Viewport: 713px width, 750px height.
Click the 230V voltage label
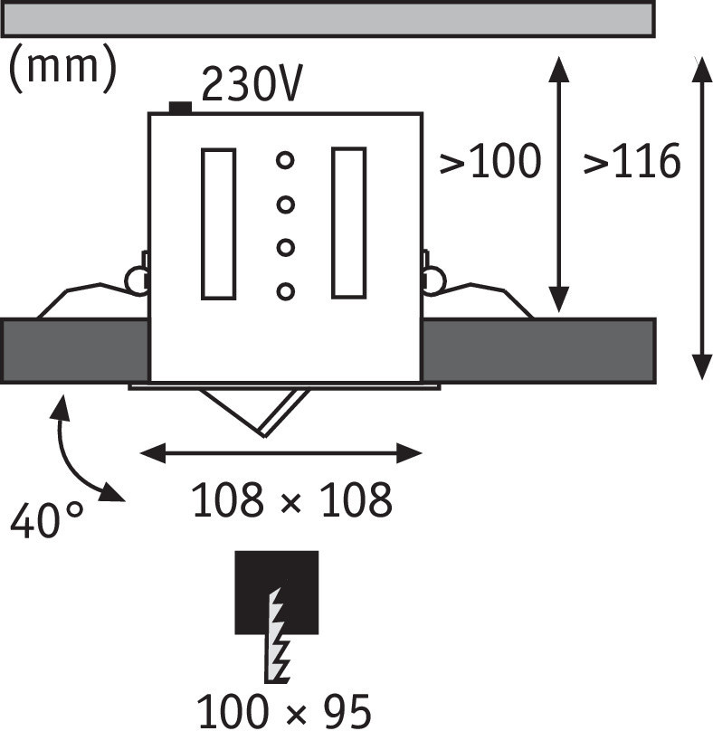pos(251,86)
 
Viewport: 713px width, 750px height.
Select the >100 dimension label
pos(490,162)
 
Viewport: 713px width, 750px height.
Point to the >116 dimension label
pos(632,162)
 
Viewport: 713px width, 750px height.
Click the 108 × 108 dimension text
pos(292,500)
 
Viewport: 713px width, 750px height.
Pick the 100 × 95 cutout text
pos(283,714)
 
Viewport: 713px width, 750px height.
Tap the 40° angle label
pos(46,521)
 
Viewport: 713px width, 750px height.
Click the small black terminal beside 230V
pos(180,109)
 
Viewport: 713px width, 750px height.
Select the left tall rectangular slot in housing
pos(218,223)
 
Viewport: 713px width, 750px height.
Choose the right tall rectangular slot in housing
pos(348,223)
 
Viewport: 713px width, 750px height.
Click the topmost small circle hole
pos(285,161)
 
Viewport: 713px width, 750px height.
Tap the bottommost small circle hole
pos(285,291)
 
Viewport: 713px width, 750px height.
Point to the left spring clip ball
pos(137,279)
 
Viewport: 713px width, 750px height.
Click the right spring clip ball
pos(433,279)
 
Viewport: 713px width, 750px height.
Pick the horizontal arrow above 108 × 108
pos(283,452)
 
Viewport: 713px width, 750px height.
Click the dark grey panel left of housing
pos(74,350)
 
